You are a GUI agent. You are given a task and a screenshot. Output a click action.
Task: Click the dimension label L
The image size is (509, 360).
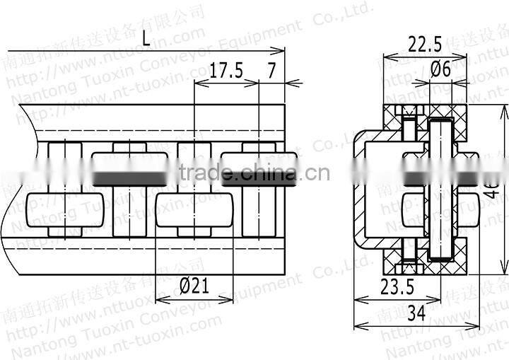(145, 40)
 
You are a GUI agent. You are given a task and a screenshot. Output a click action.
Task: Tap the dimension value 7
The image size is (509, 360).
(271, 70)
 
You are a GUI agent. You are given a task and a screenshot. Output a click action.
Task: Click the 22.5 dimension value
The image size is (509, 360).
(424, 45)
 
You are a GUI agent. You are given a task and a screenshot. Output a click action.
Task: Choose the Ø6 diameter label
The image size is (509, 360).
(440, 69)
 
